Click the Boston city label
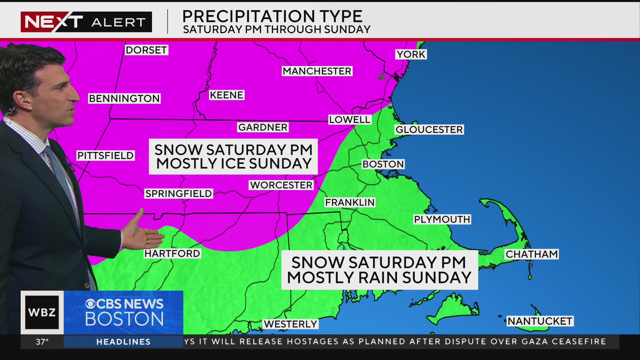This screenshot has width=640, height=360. pyautogui.click(x=383, y=164)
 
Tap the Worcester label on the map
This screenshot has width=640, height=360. pyautogui.click(x=281, y=185)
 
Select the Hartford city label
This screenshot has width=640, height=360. pyautogui.click(x=172, y=253)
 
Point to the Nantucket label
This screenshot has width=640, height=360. pyautogui.click(x=540, y=321)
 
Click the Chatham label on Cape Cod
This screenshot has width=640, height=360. pyautogui.click(x=531, y=254)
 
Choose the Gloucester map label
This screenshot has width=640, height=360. pyautogui.click(x=429, y=129)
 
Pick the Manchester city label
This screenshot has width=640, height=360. pyautogui.click(x=317, y=71)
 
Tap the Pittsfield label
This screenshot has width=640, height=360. pyautogui.click(x=105, y=155)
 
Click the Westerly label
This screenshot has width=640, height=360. pyautogui.click(x=290, y=324)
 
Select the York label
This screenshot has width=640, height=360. pyautogui.click(x=411, y=54)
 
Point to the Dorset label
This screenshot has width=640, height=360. pyautogui.click(x=146, y=50)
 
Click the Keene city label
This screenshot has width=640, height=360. pyautogui.click(x=226, y=95)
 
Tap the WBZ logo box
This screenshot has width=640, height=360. pyautogui.click(x=42, y=312)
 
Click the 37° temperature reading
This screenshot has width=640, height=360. pyautogui.click(x=42, y=342)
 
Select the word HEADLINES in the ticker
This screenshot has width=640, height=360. pyautogui.click(x=123, y=342)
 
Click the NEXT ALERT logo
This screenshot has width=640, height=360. pyautogui.click(x=86, y=22)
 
